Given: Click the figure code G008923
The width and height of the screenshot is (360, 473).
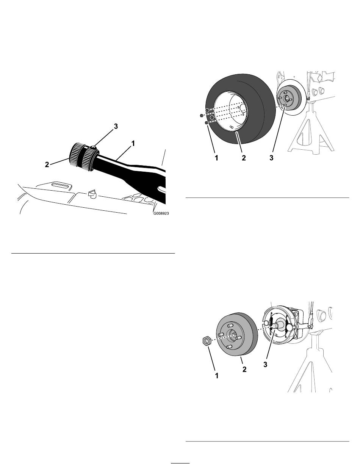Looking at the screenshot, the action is click(x=161, y=213).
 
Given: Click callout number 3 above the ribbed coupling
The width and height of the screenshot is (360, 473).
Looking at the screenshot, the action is click(x=116, y=126).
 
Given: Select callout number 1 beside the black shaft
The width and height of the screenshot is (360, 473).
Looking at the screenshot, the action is click(x=133, y=143).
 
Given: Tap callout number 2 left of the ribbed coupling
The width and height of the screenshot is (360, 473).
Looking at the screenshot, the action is click(x=47, y=164).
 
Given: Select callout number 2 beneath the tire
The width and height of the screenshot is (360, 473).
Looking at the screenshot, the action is click(x=244, y=158).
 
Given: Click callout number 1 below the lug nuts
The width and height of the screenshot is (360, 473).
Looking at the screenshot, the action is click(x=216, y=158).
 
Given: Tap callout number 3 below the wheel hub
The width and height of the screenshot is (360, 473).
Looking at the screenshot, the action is click(x=271, y=158).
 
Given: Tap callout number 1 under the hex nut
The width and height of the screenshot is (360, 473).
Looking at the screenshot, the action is click(x=217, y=376).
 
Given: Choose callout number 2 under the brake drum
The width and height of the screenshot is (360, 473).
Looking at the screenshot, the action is click(x=244, y=370).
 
